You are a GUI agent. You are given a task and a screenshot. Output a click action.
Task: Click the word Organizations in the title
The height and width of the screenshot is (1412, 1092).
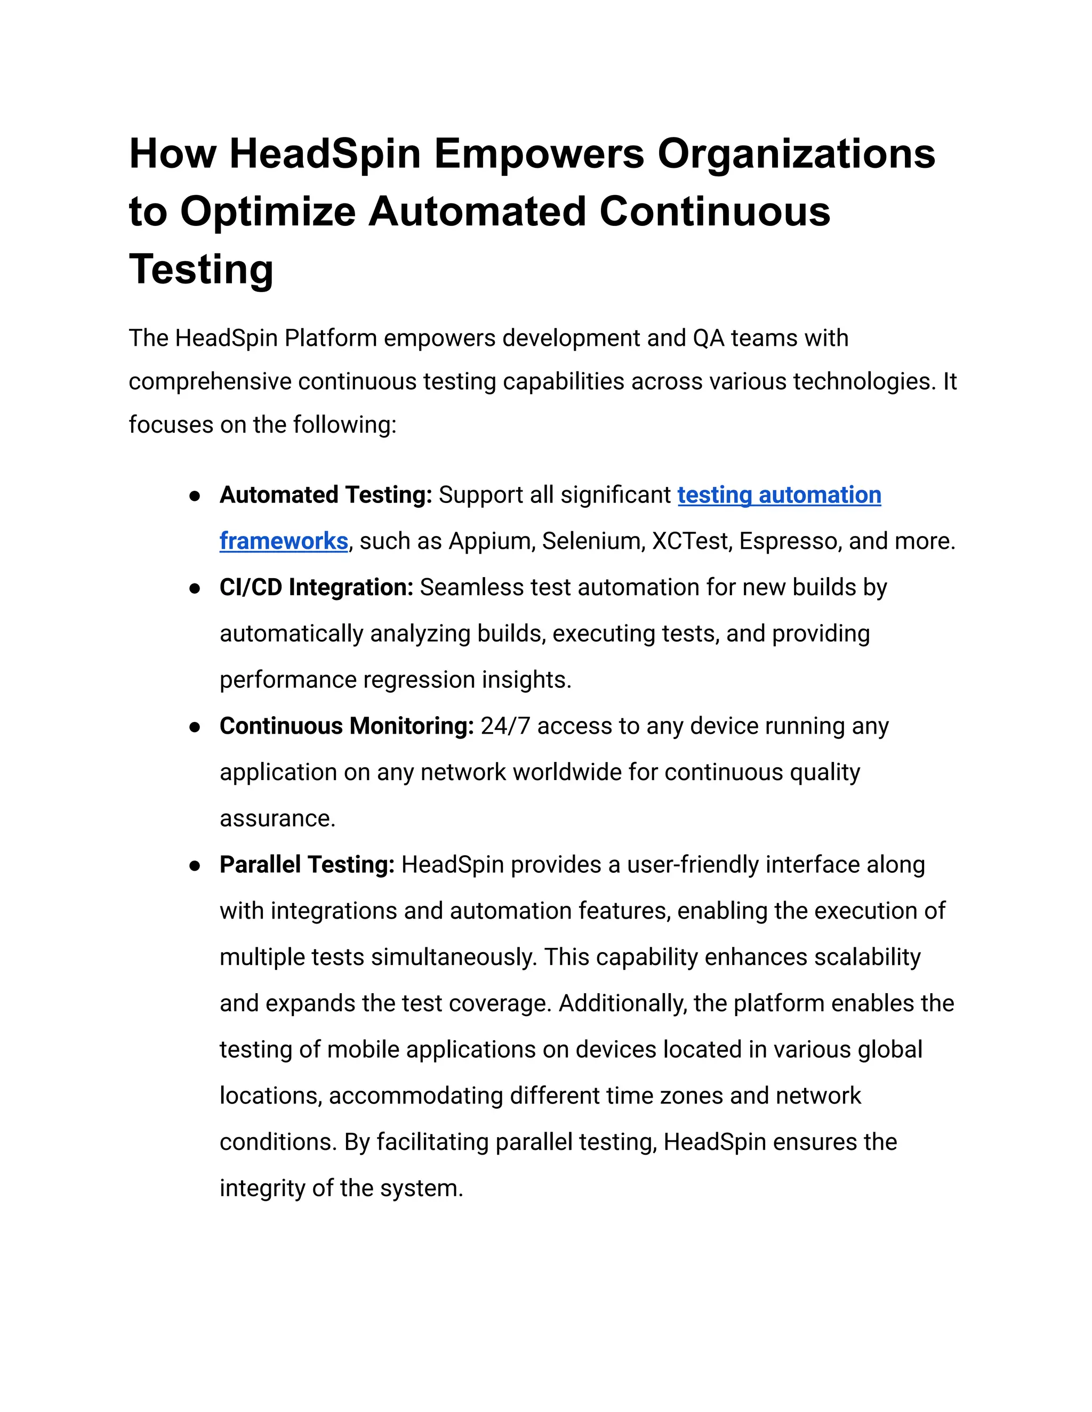[x=796, y=154]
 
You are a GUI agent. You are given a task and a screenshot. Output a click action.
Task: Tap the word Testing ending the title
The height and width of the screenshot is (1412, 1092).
[x=201, y=269]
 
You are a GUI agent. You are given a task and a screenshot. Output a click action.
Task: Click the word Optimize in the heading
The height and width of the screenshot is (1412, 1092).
[x=267, y=212]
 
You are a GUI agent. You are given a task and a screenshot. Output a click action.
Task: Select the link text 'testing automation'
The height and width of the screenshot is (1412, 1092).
[x=779, y=495]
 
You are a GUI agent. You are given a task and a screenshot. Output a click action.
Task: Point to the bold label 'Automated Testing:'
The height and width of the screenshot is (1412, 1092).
[x=325, y=495]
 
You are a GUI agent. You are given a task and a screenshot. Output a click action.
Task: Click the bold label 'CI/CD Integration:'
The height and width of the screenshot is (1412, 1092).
[x=316, y=588]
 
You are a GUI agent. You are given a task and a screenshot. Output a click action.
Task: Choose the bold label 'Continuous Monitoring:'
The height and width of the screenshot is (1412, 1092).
[x=347, y=726]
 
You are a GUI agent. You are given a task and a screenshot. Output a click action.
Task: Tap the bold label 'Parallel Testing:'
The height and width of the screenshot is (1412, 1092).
[x=307, y=865]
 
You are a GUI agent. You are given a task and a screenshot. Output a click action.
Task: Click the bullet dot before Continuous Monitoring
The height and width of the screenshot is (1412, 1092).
[x=194, y=727]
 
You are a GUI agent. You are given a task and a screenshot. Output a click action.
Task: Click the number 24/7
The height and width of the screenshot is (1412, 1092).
[x=505, y=726]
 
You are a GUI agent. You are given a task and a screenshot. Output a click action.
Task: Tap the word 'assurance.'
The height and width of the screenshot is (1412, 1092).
[x=277, y=818]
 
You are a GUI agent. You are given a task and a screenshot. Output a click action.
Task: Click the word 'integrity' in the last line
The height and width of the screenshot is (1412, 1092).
[x=262, y=1188]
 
